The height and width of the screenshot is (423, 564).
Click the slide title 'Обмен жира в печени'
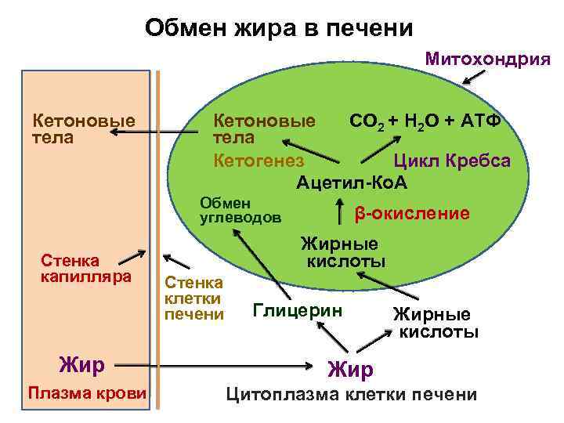(278, 29)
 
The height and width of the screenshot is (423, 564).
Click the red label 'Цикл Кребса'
(451, 161)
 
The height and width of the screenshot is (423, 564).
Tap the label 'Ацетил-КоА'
(352, 183)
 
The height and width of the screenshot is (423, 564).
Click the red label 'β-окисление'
(412, 214)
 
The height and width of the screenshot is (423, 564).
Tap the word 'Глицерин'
(298, 310)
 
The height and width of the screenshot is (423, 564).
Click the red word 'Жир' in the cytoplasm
(350, 368)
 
